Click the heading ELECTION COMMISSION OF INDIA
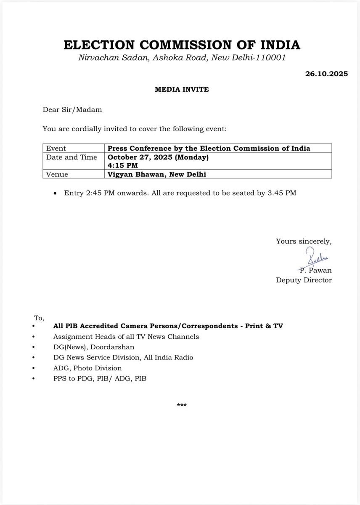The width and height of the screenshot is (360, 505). [x=182, y=45]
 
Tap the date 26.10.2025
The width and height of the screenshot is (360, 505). [x=327, y=74]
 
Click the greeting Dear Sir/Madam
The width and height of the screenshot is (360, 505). [x=72, y=110]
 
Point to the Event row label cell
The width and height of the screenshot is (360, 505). [x=56, y=148]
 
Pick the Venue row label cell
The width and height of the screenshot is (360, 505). [x=57, y=174]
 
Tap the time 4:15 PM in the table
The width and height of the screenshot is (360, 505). [x=122, y=165]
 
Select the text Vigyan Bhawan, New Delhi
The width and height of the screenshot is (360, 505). [x=157, y=174]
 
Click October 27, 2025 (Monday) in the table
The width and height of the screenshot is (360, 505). [x=158, y=157]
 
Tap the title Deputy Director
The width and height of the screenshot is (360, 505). [x=304, y=280]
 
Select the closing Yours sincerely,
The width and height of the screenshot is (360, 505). [x=304, y=241]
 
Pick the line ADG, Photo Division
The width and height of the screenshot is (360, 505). [x=87, y=368]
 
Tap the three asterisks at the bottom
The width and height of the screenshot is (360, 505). [x=182, y=405]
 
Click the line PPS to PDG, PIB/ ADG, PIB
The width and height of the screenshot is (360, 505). [x=100, y=378]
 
